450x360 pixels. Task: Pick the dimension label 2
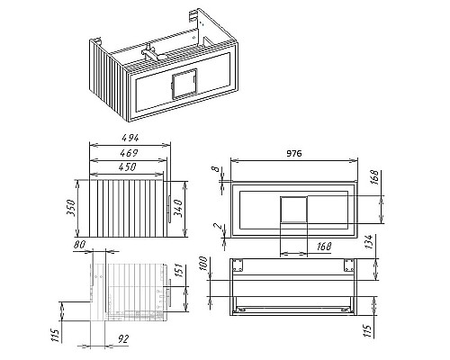[x=217, y=229]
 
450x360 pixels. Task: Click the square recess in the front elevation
[x=294, y=210]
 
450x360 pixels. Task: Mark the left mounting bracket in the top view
[x=238, y=265]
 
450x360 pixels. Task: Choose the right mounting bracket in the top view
[x=346, y=265]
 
